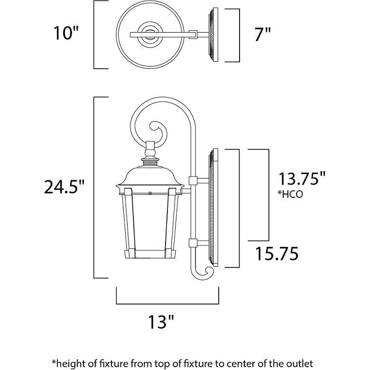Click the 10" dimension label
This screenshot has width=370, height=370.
(x=65, y=34)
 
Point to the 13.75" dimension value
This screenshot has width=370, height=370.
(x=302, y=179)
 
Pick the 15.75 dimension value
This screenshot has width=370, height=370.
(x=277, y=254)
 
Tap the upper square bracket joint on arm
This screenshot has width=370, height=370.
(x=193, y=180)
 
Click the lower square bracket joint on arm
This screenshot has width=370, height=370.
(x=193, y=243)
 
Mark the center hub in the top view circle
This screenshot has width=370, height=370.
(x=150, y=35)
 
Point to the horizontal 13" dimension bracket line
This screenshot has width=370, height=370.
(x=167, y=302)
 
